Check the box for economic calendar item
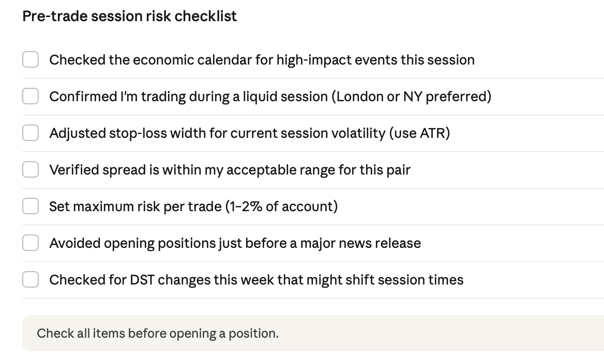pos(31,59)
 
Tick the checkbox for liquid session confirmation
pos(31,96)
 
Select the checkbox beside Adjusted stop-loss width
pos(31,133)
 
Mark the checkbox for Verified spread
pos(31,169)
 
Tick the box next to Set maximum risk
pos(31,206)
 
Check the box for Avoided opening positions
pos(31,243)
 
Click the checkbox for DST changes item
pos(31,279)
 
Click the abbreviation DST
pos(142,280)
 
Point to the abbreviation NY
pos(413,97)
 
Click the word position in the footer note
pos(253,334)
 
